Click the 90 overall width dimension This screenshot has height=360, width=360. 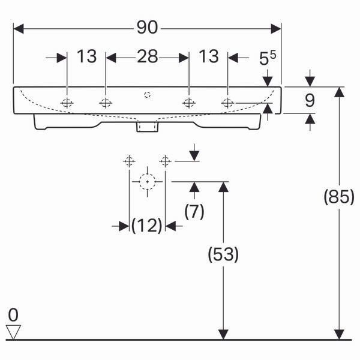click(147, 28)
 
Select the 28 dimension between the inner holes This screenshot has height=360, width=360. click(148, 56)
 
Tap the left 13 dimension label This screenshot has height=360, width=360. click(86, 56)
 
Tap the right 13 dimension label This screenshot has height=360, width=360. click(208, 56)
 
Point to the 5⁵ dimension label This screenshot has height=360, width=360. click(268, 58)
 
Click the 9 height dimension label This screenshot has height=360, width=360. click(310, 100)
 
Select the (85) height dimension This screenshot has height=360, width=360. click(339, 197)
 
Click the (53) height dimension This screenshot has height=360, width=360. click(223, 254)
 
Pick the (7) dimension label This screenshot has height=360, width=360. click(194, 211)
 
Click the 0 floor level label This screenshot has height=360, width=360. click(13, 315)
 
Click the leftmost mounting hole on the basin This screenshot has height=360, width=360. click(67, 103)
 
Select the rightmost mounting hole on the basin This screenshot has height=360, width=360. click(227, 103)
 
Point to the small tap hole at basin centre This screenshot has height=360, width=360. click(148, 95)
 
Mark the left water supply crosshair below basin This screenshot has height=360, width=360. click(129, 161)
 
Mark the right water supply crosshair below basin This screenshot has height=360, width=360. click(165, 161)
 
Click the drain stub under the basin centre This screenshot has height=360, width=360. click(148, 127)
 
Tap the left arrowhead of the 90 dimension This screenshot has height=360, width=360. click(19, 29)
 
